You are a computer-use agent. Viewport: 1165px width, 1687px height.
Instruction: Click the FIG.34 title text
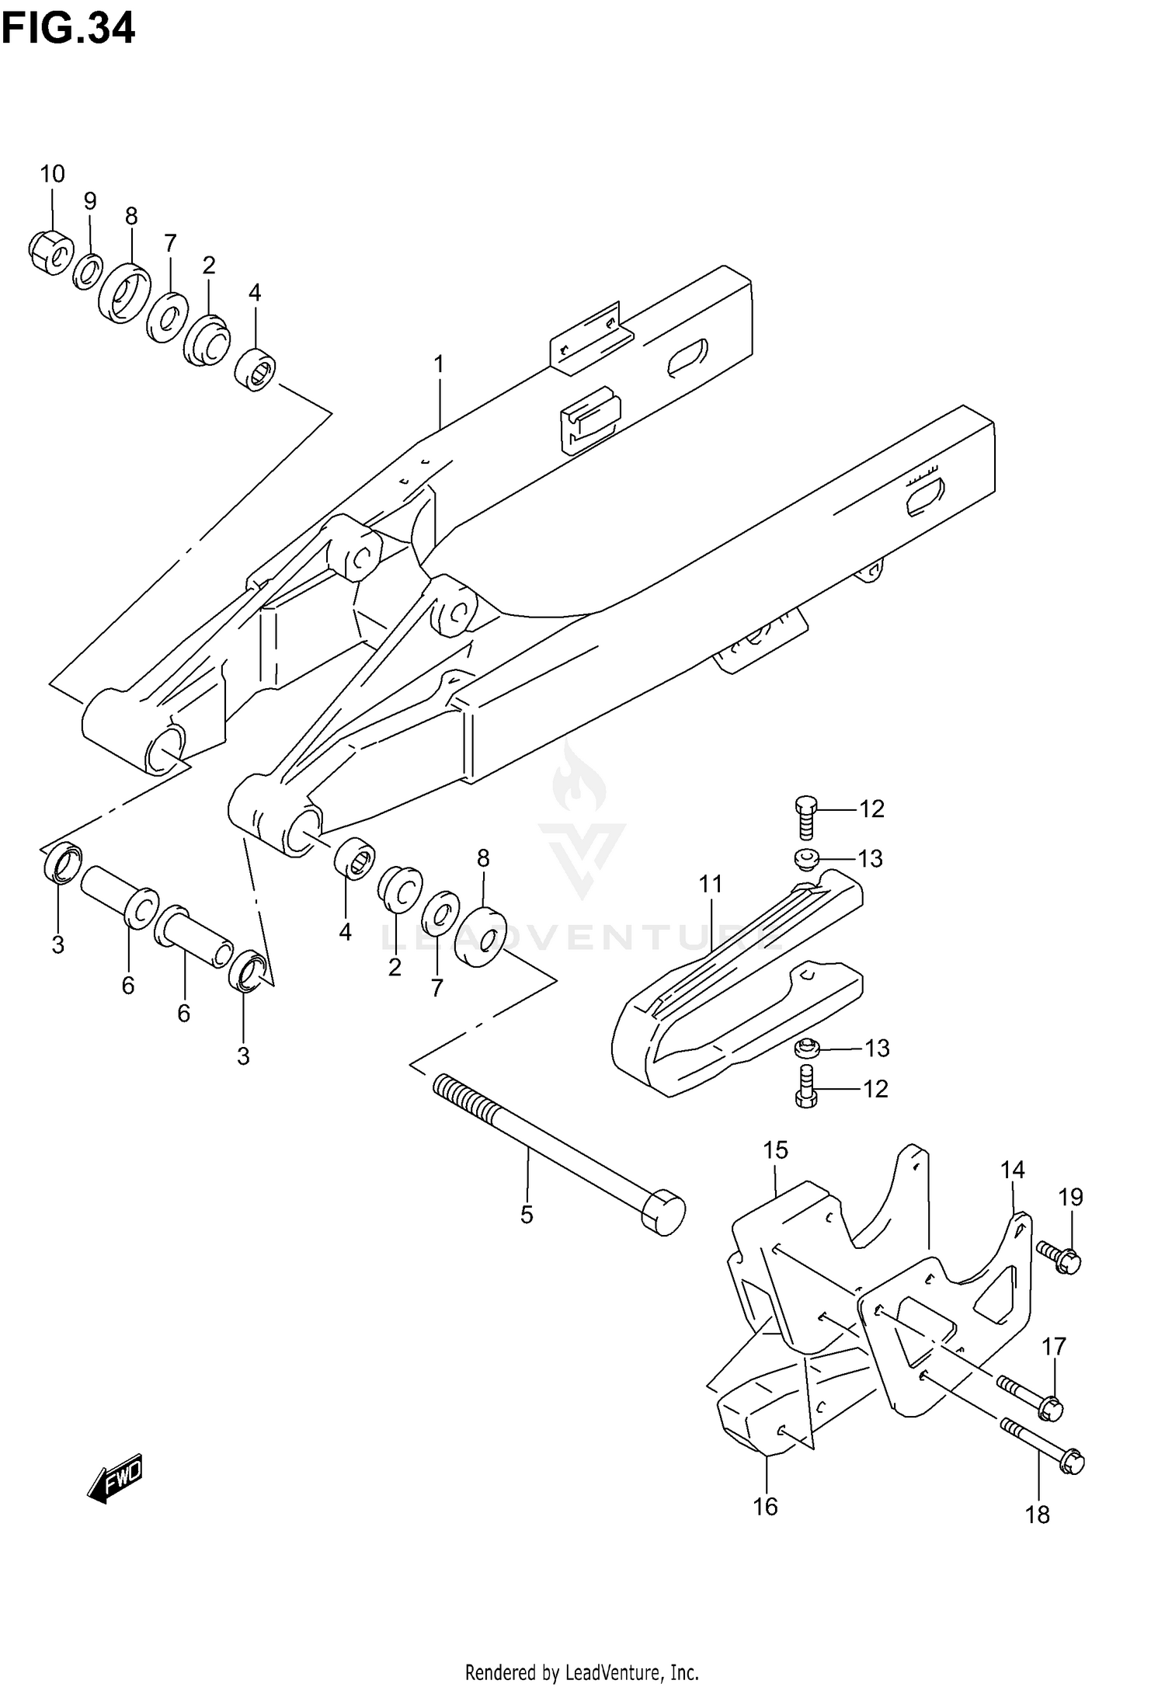click(68, 29)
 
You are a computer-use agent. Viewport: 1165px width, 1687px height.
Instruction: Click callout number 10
click(52, 174)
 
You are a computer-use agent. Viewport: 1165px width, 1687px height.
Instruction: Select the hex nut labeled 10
click(50, 252)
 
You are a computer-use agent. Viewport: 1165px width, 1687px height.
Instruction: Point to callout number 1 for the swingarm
click(439, 363)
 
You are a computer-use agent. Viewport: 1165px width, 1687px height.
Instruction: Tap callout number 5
click(527, 1215)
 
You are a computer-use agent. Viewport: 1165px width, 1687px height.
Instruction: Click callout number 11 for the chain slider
click(710, 884)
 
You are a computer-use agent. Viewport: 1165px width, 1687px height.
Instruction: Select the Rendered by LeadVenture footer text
click(582, 1672)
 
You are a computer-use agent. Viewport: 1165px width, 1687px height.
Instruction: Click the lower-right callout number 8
click(483, 858)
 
